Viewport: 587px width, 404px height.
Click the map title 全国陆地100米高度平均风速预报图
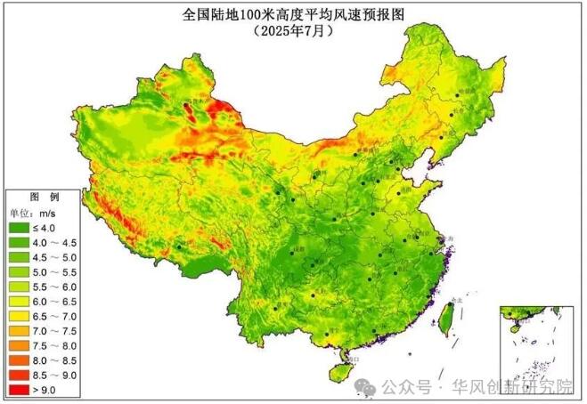294,15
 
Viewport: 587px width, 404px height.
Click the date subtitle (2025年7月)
294,30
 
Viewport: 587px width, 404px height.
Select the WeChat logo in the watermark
365,387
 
